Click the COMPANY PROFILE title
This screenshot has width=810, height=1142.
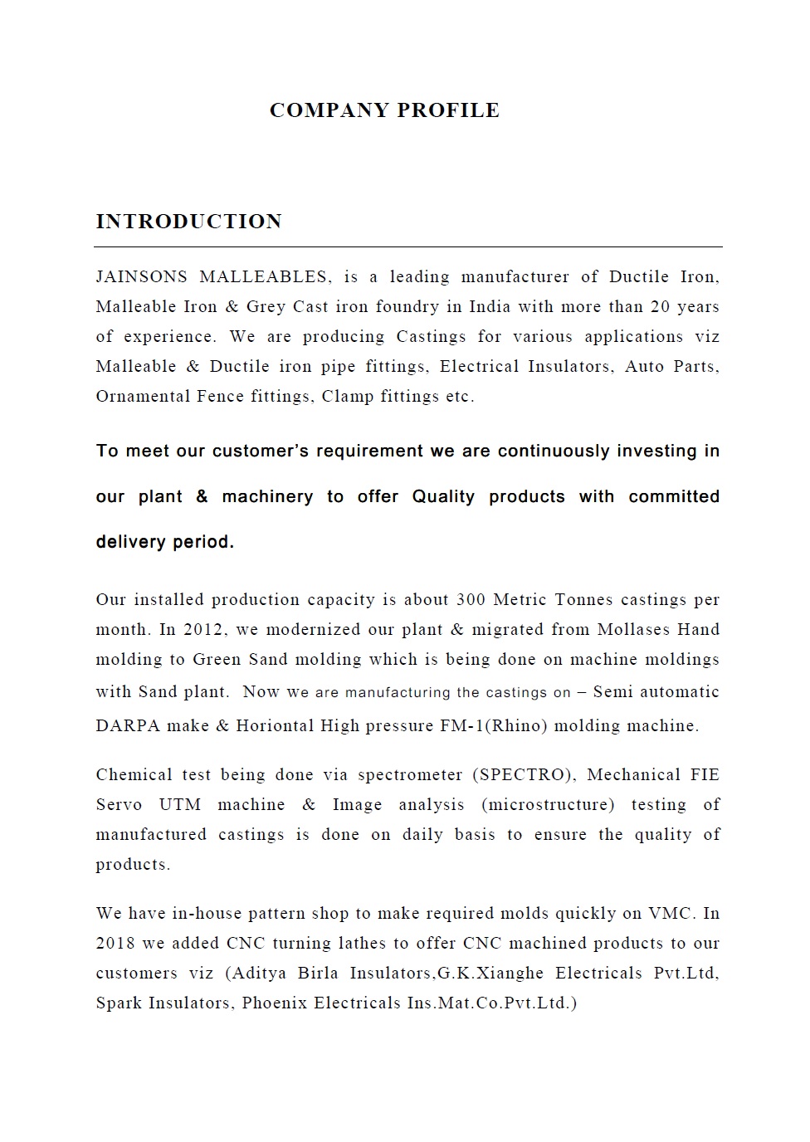coord(384,110)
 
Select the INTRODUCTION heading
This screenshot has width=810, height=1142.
coord(189,222)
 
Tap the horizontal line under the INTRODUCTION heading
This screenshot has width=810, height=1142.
coord(407,246)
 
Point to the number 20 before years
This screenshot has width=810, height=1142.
coord(660,307)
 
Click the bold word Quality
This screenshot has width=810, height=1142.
coord(443,497)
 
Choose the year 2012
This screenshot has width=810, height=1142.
coord(203,630)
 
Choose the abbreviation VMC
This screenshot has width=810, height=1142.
coord(669,914)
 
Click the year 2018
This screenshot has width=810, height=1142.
coord(116,944)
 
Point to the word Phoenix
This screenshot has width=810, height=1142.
coord(275,1003)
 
